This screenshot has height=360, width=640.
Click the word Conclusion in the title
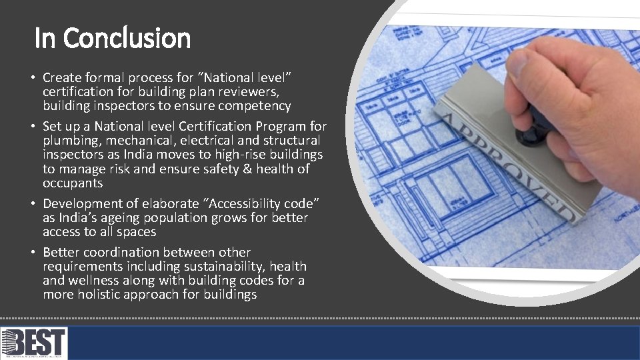coord(127,38)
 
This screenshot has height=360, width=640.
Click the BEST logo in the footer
coord(34,343)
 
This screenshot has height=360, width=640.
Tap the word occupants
coord(73,183)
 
